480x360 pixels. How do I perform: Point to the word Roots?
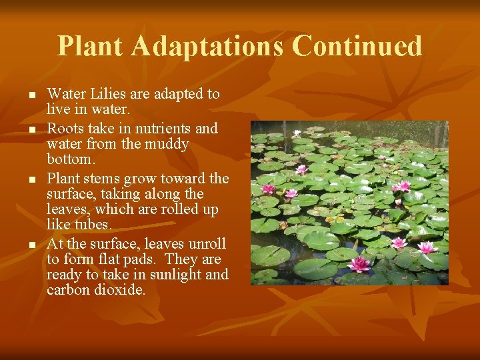pos(65,128)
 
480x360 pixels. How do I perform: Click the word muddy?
pos(167,144)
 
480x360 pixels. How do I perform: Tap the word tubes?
pos(93,225)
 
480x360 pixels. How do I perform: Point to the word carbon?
pos(67,290)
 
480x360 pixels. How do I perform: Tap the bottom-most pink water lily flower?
pos(359,264)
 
